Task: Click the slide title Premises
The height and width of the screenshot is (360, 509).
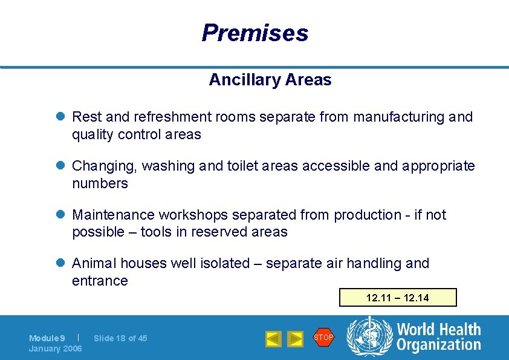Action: click(x=254, y=33)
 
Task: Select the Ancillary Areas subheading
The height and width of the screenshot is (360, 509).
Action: click(x=270, y=80)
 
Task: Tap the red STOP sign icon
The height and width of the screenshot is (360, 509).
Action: click(x=323, y=338)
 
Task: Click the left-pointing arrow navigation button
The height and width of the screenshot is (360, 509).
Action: click(x=274, y=339)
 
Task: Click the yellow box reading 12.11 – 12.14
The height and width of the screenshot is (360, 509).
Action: click(x=397, y=298)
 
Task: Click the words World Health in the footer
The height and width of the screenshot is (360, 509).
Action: click(x=439, y=330)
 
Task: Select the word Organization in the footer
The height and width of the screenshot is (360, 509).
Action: click(x=439, y=345)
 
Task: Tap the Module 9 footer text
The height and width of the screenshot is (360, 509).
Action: click(x=47, y=338)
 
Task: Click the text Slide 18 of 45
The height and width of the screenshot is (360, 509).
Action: click(x=120, y=338)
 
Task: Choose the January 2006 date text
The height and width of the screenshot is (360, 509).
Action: click(x=55, y=349)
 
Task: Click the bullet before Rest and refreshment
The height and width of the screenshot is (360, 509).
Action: click(x=60, y=117)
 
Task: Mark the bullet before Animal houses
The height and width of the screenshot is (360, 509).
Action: click(x=60, y=264)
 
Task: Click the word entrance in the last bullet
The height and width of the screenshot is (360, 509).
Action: click(x=100, y=281)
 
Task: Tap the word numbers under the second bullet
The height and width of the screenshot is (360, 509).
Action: click(x=100, y=183)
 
